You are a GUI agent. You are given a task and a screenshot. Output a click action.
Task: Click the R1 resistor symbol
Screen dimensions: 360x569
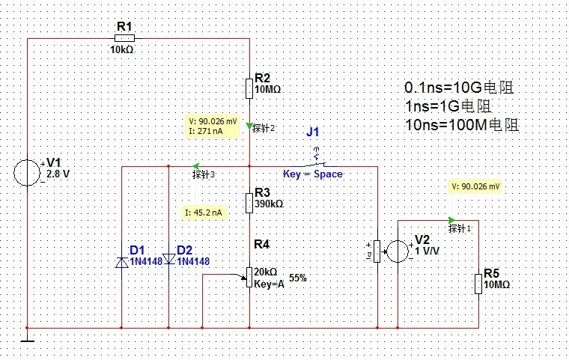[124, 37]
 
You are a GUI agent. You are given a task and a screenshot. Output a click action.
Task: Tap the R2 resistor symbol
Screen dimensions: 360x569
[249, 88]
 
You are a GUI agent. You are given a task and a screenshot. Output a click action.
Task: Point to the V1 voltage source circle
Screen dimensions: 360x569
[28, 172]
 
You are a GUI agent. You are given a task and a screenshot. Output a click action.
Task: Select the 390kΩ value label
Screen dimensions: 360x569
[269, 204]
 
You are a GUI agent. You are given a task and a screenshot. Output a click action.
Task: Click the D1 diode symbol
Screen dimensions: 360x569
[122, 260]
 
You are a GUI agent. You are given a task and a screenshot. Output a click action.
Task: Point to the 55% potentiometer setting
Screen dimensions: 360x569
[297, 278]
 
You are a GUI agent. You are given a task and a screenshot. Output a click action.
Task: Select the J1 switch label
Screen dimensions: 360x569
[313, 132]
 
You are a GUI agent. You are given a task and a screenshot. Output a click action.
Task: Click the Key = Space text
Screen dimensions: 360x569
[312, 174]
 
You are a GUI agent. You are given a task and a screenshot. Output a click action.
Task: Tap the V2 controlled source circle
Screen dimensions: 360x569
[397, 251]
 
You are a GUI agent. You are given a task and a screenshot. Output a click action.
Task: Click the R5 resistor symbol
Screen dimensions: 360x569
[478, 284]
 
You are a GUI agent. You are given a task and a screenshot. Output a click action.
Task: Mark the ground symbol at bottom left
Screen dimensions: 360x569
[28, 341]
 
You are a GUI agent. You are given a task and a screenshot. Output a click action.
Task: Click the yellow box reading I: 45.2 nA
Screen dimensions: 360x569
[204, 213]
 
